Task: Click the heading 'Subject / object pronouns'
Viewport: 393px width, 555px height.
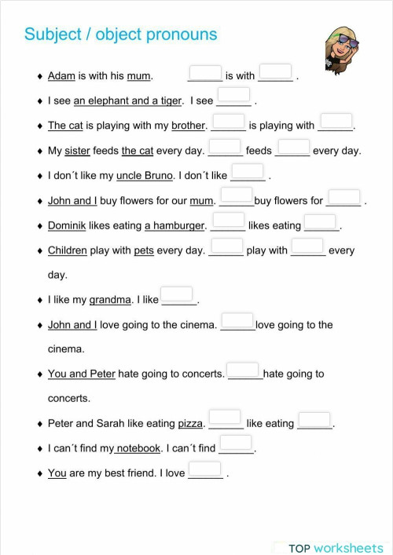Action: [x=120, y=35]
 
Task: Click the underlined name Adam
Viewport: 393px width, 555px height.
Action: [x=61, y=76]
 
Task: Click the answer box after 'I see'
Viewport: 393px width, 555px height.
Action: [x=233, y=96]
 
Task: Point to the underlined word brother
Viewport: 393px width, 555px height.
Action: [x=188, y=126]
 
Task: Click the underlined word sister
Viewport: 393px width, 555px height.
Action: [x=77, y=151]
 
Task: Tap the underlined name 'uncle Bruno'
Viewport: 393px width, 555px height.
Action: [x=145, y=176]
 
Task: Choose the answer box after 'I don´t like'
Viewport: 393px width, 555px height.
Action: [x=248, y=171]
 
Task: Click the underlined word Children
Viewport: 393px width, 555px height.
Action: [x=67, y=250]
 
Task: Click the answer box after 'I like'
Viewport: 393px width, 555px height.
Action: [x=177, y=295]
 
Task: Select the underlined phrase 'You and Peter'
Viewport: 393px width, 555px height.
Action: [x=81, y=374]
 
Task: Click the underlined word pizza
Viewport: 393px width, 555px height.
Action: [x=190, y=424]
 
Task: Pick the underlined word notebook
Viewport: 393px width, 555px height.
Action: [x=138, y=449]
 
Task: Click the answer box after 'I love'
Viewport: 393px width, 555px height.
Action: [x=205, y=469]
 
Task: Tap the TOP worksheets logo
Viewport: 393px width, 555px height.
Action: [x=335, y=547]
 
